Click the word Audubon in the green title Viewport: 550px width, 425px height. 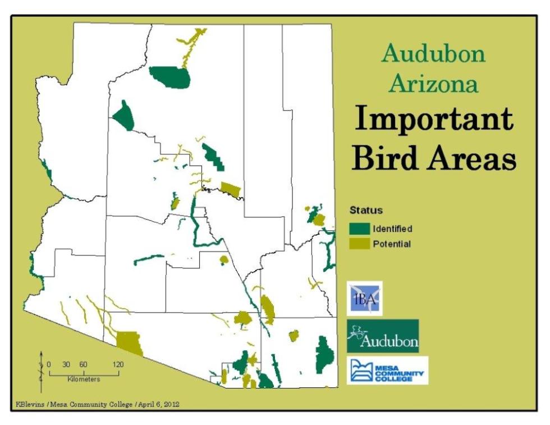tap(433, 54)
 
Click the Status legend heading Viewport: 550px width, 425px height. tap(366, 210)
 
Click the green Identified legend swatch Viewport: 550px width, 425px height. tap(360, 229)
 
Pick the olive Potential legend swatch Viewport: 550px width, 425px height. tap(360, 244)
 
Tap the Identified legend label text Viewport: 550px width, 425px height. tap(392, 229)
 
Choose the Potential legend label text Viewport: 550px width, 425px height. tap(392, 244)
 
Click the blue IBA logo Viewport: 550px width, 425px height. tap(365, 299)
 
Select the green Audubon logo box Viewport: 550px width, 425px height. tap(383, 336)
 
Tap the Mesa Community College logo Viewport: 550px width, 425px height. tap(388, 370)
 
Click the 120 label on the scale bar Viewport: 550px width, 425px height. tap(118, 364)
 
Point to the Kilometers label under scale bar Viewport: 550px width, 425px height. tap(84, 380)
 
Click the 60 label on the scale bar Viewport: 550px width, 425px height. tap(83, 364)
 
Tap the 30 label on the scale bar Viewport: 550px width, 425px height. tap(66, 364)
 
